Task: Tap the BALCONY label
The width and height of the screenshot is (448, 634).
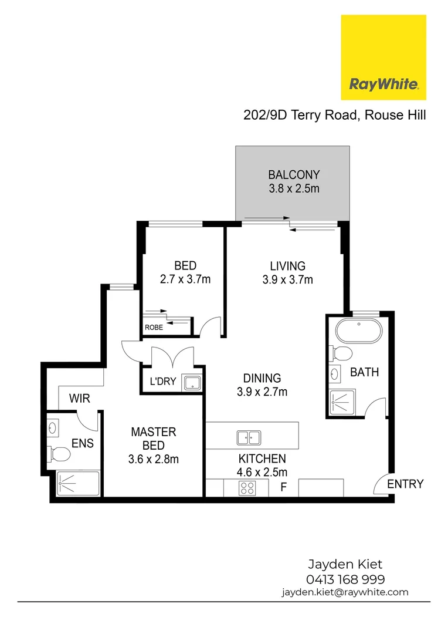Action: (x=293, y=174)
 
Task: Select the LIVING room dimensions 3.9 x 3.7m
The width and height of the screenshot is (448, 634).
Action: (x=287, y=280)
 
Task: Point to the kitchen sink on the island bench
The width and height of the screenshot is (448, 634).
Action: (x=249, y=437)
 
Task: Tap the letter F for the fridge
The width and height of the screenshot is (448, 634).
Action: (x=283, y=487)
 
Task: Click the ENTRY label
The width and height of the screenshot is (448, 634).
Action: (x=405, y=484)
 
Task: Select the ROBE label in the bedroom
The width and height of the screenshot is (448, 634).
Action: (x=154, y=328)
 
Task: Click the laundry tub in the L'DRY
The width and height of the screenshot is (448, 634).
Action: (x=192, y=383)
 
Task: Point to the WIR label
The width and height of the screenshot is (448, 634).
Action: (x=79, y=399)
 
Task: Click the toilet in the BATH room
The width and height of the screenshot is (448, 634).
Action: (x=342, y=353)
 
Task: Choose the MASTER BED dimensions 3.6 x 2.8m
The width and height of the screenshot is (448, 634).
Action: (x=153, y=459)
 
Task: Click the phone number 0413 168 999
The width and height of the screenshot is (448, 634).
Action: (x=345, y=579)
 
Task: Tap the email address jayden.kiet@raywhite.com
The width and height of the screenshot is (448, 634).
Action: (x=345, y=592)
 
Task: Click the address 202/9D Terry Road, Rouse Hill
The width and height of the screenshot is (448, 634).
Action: (x=334, y=115)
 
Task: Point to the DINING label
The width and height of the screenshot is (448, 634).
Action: (x=263, y=379)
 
